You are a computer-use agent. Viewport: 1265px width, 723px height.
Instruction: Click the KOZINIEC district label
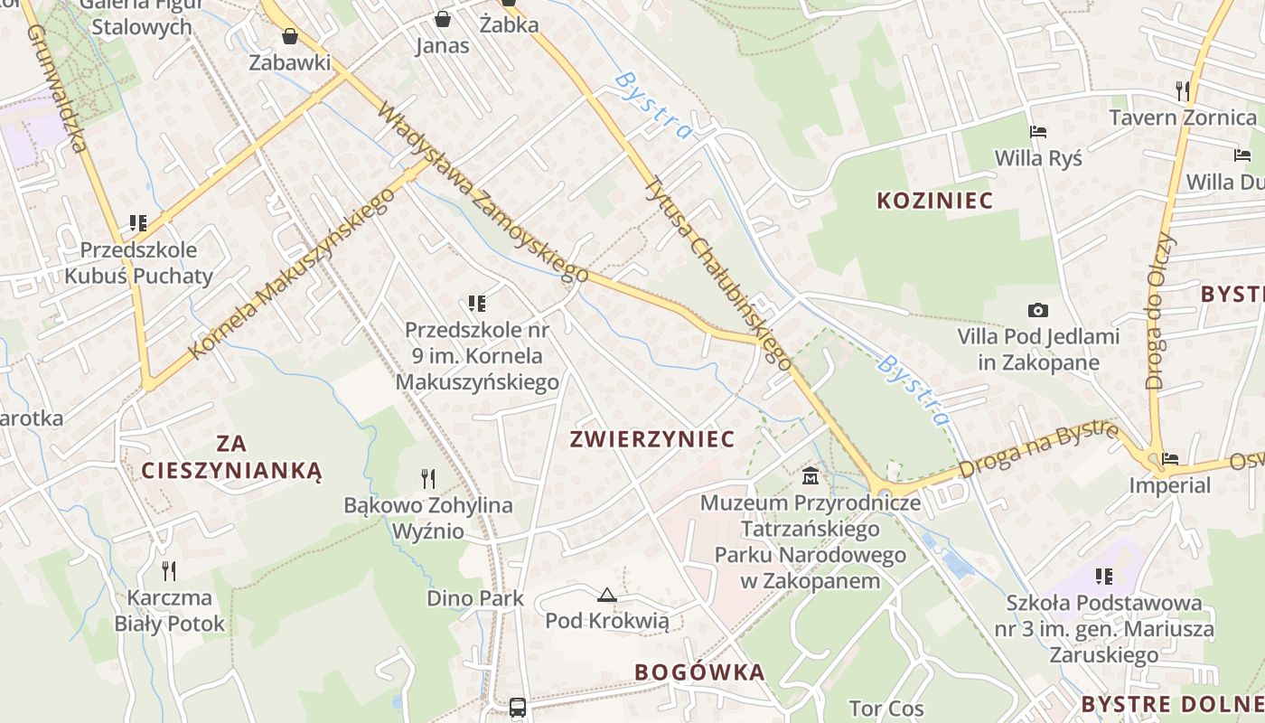(934, 201)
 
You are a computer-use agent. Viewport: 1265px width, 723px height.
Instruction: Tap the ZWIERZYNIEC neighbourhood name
(651, 439)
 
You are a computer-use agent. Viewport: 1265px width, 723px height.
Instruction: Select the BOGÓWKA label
(699, 672)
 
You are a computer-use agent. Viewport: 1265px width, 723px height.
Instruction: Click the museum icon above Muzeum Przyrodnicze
(811, 474)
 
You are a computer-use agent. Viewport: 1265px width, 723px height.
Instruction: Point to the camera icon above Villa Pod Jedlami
(1038, 310)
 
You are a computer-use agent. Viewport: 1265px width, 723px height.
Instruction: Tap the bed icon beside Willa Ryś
(1037, 132)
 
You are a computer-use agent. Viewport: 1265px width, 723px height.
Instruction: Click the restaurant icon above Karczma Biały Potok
(168, 570)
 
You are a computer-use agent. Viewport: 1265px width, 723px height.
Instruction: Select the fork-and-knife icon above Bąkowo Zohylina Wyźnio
(428, 478)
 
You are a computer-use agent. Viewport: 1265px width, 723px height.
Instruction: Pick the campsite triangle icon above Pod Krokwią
(606, 595)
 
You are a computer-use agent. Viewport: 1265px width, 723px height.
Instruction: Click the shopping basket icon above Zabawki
(290, 36)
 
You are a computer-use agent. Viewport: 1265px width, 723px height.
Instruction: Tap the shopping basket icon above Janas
(442, 18)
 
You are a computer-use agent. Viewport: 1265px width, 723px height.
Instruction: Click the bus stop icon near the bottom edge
(518, 707)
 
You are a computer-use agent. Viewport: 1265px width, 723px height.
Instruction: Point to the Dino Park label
(475, 598)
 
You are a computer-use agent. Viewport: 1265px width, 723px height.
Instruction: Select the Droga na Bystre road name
(1038, 449)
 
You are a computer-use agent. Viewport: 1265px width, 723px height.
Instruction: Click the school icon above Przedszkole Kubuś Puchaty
(138, 222)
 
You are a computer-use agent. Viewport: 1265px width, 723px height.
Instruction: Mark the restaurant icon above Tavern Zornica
(1182, 90)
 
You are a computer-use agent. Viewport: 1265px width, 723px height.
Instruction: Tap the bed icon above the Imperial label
(1170, 459)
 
